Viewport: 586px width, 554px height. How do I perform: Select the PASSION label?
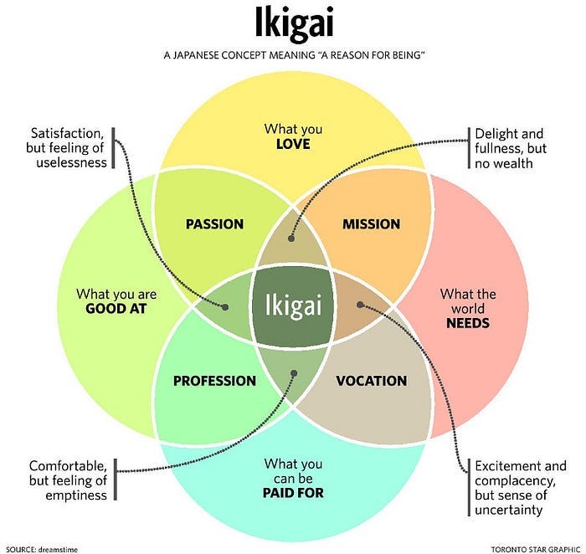(x=214, y=224)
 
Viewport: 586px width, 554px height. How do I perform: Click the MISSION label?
(x=371, y=224)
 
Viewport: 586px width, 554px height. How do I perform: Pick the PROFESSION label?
(x=214, y=381)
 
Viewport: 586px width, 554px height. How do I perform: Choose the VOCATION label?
(x=371, y=381)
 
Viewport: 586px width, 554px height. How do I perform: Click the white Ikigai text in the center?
(x=293, y=302)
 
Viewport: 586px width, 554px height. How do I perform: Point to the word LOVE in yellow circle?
(x=293, y=144)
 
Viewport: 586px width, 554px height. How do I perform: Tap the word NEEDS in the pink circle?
(x=467, y=322)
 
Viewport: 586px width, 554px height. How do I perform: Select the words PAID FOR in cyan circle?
(x=293, y=493)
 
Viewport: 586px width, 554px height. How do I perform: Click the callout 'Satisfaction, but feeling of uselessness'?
(x=69, y=148)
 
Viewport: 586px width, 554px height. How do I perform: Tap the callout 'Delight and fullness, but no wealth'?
(x=509, y=148)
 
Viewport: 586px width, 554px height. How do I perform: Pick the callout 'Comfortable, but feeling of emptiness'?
(x=69, y=480)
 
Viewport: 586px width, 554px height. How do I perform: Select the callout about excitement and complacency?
(x=520, y=487)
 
